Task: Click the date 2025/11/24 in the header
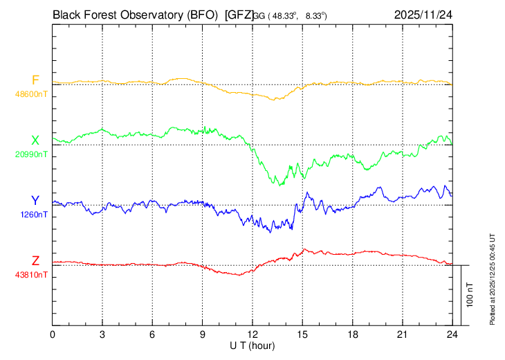(x=423, y=13)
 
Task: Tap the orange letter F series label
(x=35, y=80)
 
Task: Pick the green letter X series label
(x=35, y=141)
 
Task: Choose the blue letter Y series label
(x=35, y=201)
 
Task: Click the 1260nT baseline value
(x=34, y=215)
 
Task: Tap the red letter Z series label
(x=35, y=261)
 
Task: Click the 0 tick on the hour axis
(x=53, y=334)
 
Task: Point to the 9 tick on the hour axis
(x=203, y=334)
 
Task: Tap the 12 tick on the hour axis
(x=252, y=334)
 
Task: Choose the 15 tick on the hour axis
(x=302, y=334)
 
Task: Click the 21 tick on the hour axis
(x=402, y=334)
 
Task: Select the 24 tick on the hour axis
(x=452, y=334)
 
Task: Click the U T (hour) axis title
(x=252, y=344)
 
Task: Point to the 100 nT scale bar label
(x=470, y=295)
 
